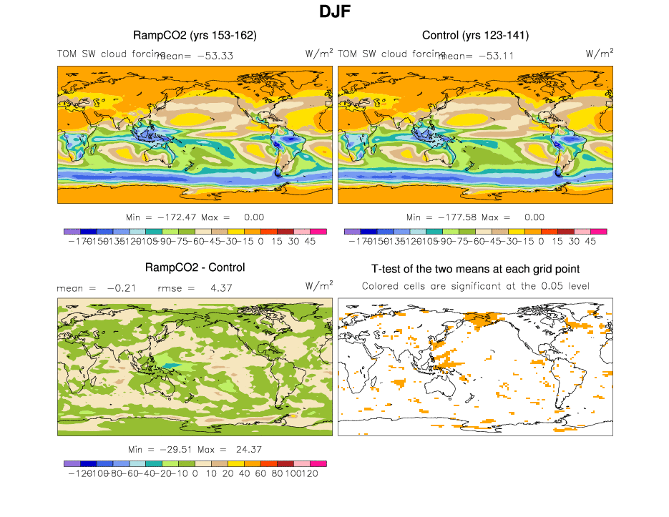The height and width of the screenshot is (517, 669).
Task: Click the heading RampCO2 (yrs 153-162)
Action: pos(195,35)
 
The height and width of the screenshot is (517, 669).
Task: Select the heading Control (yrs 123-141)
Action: pos(475,35)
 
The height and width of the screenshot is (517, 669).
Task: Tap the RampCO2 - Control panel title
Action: pos(195,267)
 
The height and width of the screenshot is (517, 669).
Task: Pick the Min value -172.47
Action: pos(178,217)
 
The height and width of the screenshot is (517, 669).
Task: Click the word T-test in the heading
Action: pos(389,269)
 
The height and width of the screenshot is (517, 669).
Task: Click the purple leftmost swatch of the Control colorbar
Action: pos(352,231)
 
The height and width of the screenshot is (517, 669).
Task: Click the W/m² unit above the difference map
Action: pos(319,285)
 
